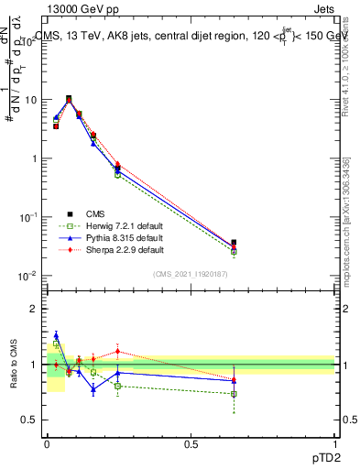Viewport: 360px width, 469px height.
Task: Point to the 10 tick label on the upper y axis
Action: pos(30,100)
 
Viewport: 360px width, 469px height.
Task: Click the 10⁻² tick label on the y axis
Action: pos(28,276)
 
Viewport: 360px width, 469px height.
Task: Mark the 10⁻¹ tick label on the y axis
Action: pos(28,217)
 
